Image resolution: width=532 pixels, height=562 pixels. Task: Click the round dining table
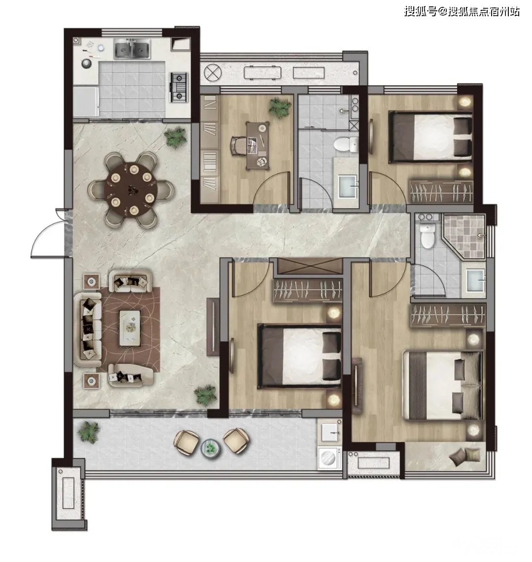click(131, 189)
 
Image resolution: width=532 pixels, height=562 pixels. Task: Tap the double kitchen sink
click(132, 50)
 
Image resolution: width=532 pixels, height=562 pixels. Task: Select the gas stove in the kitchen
click(179, 87)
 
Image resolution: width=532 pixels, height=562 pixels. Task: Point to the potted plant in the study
click(280, 107)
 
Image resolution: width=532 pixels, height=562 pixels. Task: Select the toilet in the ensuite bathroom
click(428, 236)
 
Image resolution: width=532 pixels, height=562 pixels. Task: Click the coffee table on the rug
click(130, 328)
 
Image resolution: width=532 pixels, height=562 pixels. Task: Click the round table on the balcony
click(210, 448)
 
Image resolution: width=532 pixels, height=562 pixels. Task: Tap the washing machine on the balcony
click(330, 457)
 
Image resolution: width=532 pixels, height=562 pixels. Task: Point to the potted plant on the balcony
click(88, 432)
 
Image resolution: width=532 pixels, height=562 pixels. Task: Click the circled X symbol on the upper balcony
click(213, 73)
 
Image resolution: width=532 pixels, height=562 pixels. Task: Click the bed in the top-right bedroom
click(431, 136)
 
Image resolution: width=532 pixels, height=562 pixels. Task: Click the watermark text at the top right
click(462, 12)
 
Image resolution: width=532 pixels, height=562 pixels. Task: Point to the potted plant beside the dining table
click(175, 137)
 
